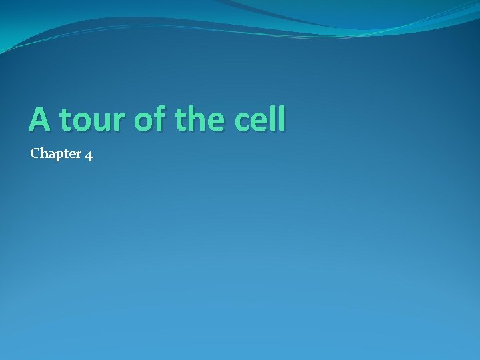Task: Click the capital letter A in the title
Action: click(x=39, y=119)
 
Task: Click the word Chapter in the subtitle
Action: click(x=56, y=155)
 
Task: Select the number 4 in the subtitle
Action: click(x=89, y=155)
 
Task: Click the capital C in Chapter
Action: click(x=35, y=154)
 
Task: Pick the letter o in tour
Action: click(x=81, y=123)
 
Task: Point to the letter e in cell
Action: click(x=259, y=123)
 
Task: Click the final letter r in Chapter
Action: click(x=79, y=155)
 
